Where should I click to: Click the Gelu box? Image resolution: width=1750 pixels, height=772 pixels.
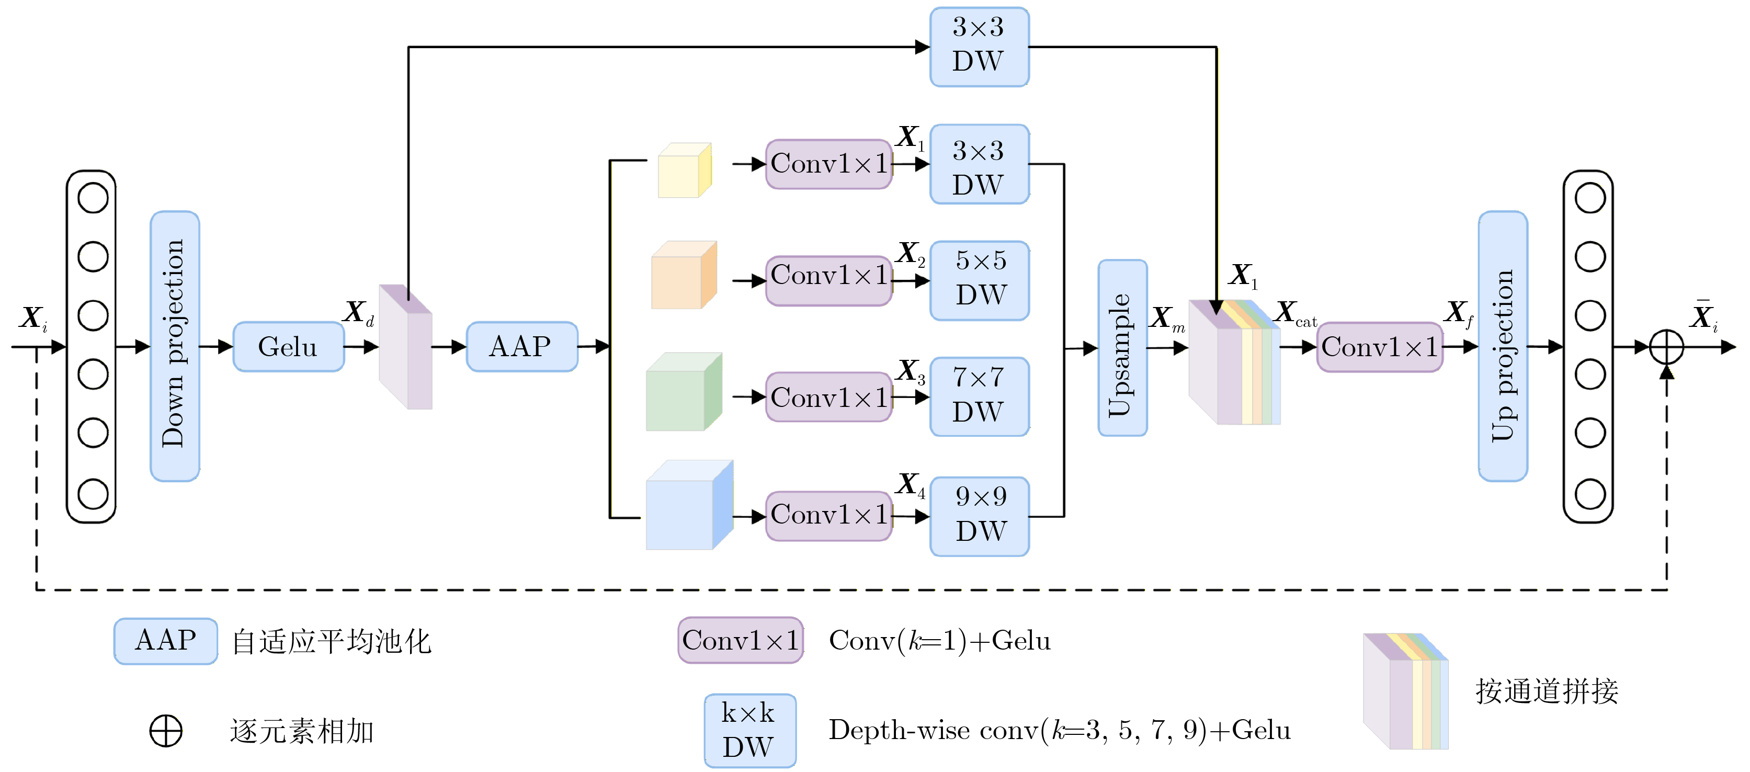288,347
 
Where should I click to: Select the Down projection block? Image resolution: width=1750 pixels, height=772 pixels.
175,346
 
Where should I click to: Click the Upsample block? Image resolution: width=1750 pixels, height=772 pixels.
1122,347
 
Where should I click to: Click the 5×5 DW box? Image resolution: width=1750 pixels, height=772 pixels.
979,280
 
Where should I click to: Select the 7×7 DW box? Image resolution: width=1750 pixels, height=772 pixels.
979,396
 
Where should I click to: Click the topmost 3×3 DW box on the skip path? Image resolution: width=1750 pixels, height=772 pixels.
979,46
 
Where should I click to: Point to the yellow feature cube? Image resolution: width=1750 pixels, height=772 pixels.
684,171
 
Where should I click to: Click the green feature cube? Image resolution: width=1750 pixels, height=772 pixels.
682,393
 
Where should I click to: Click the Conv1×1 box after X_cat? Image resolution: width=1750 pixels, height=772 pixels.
1379,347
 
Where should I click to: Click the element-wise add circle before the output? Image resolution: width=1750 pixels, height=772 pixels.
1666,347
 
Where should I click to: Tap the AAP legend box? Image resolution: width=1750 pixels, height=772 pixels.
166,640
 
